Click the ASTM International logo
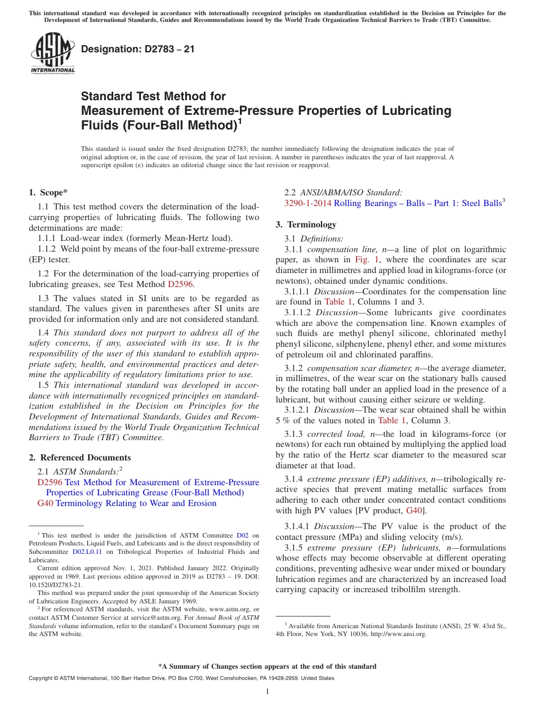coord(52,53)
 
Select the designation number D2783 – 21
coord(138,49)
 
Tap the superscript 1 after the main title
coord(240,120)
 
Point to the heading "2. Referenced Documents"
coord(79,458)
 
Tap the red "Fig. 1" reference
coord(367,260)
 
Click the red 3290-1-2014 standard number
coord(308,203)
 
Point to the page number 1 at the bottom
coord(267,692)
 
